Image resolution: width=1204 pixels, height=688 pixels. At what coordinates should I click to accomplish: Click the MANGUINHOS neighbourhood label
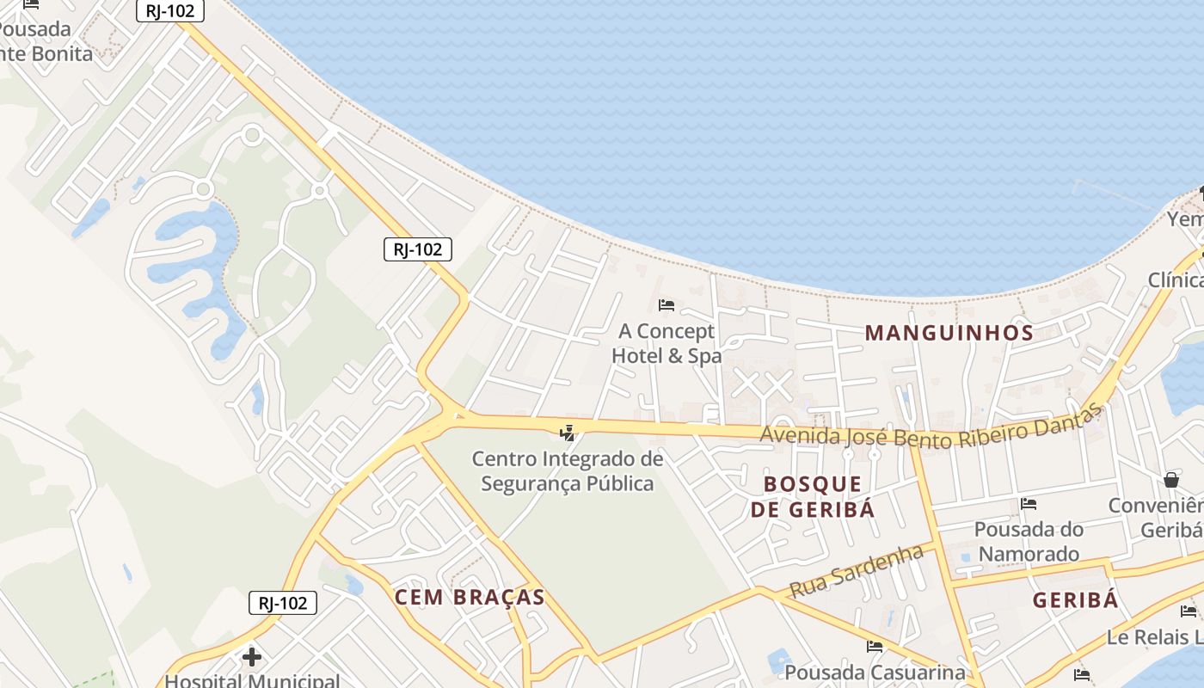click(x=949, y=333)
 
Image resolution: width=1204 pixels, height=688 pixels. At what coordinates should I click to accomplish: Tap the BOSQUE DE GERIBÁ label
click(x=812, y=496)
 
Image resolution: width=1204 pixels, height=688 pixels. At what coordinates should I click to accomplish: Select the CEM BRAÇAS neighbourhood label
click(x=470, y=597)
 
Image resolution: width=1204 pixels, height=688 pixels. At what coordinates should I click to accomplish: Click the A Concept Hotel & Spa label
click(x=666, y=343)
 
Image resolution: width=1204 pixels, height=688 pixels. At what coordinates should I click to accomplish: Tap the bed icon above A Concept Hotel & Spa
click(x=666, y=304)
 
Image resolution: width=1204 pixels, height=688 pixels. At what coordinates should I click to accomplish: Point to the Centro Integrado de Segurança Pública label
click(x=568, y=471)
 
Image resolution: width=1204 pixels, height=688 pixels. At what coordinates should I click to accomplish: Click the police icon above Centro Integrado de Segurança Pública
click(x=568, y=433)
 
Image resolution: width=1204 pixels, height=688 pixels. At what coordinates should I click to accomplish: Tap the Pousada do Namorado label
click(x=1029, y=541)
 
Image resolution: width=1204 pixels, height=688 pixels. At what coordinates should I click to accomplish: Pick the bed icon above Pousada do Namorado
click(x=1029, y=503)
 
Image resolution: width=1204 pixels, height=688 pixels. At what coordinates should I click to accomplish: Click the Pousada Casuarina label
click(x=875, y=672)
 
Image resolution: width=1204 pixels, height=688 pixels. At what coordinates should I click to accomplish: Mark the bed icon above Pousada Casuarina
click(x=875, y=646)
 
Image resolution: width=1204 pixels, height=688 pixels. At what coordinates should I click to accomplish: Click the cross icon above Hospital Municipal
click(x=252, y=658)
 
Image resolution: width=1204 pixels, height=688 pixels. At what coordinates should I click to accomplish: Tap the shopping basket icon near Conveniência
click(x=1171, y=479)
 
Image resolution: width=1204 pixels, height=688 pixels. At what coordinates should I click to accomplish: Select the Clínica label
click(x=1176, y=280)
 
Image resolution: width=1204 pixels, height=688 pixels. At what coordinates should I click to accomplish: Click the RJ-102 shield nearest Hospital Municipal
click(x=283, y=603)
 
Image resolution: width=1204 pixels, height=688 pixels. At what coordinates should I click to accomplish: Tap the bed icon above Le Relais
click(x=1189, y=611)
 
